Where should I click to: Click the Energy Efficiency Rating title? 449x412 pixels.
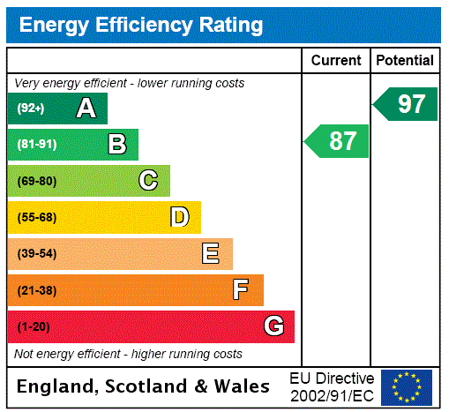pyautogui.click(x=141, y=25)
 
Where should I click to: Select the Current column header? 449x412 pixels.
pyautogui.click(x=336, y=61)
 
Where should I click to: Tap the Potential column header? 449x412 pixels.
pyautogui.click(x=405, y=61)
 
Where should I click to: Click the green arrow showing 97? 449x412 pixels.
pyautogui.click(x=407, y=104)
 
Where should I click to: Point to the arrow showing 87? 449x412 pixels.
pyautogui.click(x=338, y=141)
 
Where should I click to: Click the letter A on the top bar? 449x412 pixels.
pyautogui.click(x=86, y=109)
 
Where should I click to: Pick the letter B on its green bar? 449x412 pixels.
pyautogui.click(x=117, y=145)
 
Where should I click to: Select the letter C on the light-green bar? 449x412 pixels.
pyautogui.click(x=148, y=181)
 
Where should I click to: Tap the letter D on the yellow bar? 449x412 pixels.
pyautogui.click(x=179, y=217)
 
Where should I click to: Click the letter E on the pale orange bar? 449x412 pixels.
pyautogui.click(x=211, y=254)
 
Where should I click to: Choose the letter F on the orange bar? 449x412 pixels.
pyautogui.click(x=240, y=290)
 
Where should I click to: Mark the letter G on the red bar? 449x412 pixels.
pyautogui.click(x=274, y=326)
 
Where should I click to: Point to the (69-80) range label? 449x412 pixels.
pyautogui.click(x=36, y=181)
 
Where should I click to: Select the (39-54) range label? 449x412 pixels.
pyautogui.click(x=36, y=254)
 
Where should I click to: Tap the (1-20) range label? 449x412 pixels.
pyautogui.click(x=34, y=326)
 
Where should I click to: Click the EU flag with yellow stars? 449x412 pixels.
pyautogui.click(x=407, y=387)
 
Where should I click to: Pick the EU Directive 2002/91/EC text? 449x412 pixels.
pyautogui.click(x=332, y=386)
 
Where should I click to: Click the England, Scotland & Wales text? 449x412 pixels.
pyautogui.click(x=144, y=386)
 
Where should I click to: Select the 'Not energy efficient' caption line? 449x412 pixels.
pyautogui.click(x=128, y=354)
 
